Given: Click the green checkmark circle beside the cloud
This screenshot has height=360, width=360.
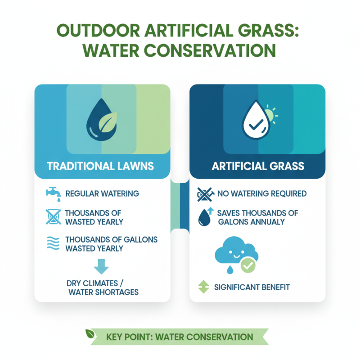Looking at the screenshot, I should tap(247, 266).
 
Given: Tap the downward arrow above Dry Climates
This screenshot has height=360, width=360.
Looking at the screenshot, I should tap(101, 267).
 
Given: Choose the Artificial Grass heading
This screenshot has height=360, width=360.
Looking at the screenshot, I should tap(258, 166).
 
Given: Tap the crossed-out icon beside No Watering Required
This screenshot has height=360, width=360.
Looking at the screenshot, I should tap(205, 194).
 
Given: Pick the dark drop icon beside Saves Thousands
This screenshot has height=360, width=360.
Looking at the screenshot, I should tap(205, 218).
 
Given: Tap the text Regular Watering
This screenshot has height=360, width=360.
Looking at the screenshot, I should tap(103, 194).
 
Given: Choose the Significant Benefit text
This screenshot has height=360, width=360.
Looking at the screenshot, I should tap(252, 287).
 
